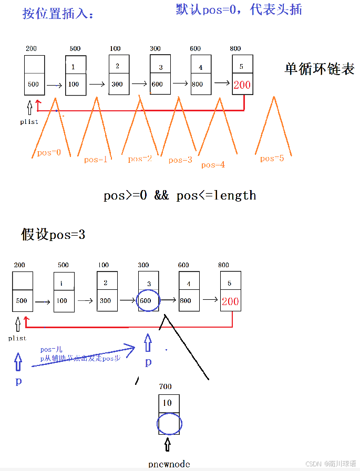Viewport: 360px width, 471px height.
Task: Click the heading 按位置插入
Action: coord(57,14)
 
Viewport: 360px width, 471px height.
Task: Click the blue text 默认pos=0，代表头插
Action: coord(239,9)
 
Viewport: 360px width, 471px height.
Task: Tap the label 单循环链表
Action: coord(320,69)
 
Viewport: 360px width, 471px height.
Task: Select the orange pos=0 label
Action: coord(49,153)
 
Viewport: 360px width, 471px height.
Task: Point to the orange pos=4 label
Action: coord(213,165)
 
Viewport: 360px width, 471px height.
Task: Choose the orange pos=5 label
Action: coord(272,158)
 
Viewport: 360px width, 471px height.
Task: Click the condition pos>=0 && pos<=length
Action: coord(180,196)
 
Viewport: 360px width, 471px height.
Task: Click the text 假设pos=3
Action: coord(53,234)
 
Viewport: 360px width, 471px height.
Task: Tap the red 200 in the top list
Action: coord(242,85)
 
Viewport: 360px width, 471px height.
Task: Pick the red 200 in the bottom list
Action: coord(230,301)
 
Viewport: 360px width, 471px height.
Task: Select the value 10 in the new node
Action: coord(168,403)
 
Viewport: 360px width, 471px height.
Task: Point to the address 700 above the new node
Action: coord(165,386)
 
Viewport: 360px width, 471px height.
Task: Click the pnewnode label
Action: coord(169,464)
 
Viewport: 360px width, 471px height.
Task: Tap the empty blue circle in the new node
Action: coord(169,423)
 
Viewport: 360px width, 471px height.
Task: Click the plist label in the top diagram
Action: coord(29,122)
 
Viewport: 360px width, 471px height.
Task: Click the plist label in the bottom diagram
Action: coord(17,338)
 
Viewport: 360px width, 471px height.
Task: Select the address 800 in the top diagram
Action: coord(235,49)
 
